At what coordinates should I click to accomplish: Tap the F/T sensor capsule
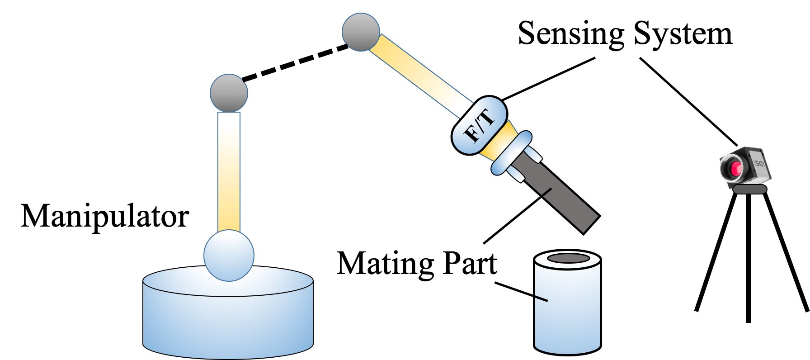tap(480, 126)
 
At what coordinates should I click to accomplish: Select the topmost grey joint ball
tap(360, 32)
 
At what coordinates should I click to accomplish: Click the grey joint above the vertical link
tap(229, 93)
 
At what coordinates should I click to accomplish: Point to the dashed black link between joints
tap(296, 62)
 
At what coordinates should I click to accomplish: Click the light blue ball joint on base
tap(229, 256)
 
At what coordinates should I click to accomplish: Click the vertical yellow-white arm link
tap(229, 172)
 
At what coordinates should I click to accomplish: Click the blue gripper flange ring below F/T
tap(511, 153)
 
